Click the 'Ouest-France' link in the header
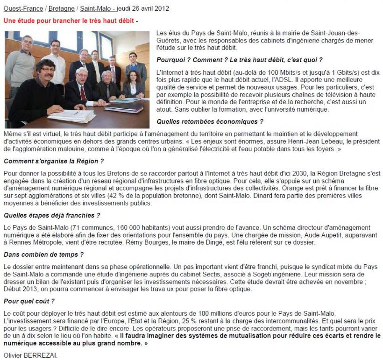tap(23, 8)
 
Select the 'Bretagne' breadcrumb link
tap(62, 8)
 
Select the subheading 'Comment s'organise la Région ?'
tap(53, 161)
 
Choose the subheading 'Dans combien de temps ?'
tap(43, 254)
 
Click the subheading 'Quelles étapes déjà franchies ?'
tap(51, 215)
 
